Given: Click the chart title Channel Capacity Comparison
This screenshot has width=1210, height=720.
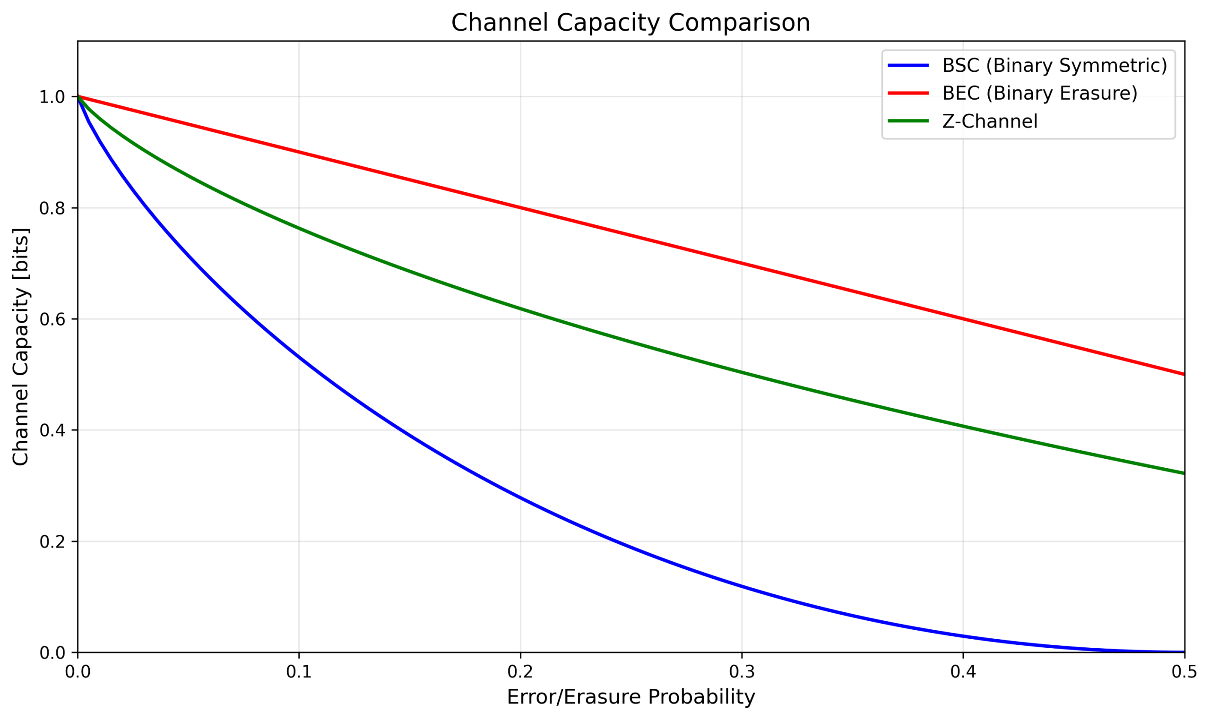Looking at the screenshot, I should [630, 23].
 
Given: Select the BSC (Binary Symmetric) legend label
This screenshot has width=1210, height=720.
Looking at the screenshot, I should [1054, 66].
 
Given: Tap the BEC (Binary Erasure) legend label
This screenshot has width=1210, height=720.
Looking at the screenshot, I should [1039, 93].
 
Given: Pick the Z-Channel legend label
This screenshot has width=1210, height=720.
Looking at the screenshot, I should [989, 121].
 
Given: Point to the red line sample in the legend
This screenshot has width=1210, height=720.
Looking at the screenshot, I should [907, 93].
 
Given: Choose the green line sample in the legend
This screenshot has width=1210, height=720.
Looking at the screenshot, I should [907, 121].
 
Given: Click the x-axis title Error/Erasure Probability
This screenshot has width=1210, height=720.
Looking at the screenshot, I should [630, 697].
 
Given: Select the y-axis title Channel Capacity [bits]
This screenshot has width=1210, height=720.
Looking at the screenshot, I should [20, 346].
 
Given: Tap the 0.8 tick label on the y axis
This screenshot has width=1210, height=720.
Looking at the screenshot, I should [52, 208].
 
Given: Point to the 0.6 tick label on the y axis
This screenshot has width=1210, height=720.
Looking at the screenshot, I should [52, 319].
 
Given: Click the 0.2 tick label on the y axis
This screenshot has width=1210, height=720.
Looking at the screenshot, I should [52, 541].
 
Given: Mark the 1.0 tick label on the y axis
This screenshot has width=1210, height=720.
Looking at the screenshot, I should [52, 97].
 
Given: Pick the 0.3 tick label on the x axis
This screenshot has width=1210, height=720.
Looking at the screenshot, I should [741, 671].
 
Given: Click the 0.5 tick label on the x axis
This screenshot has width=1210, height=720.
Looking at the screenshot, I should [1184, 671].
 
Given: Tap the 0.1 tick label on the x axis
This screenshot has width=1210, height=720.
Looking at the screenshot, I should [299, 671].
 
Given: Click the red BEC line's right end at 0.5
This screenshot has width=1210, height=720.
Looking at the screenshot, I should [1184, 374].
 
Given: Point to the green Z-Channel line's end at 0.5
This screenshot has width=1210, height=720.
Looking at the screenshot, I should [1184, 473].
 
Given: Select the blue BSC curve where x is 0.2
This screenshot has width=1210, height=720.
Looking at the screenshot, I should [520, 498].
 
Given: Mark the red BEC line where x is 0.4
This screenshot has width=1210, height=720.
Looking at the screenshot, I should [963, 319].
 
